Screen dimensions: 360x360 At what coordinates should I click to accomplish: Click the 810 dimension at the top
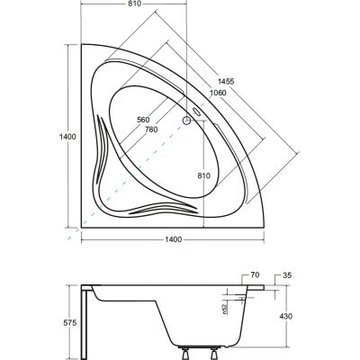click(x=135, y=4)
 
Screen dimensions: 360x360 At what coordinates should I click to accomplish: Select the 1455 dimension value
click(x=226, y=81)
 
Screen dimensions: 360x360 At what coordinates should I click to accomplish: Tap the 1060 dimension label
click(x=218, y=93)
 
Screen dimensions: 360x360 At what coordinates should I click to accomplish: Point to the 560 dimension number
click(x=143, y=120)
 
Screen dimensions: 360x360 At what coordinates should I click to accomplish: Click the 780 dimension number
click(x=151, y=130)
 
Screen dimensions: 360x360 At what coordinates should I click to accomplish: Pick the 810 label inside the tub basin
click(x=203, y=175)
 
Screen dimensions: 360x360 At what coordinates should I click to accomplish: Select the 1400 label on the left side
click(x=67, y=137)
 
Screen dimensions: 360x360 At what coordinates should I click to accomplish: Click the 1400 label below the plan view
click(x=174, y=239)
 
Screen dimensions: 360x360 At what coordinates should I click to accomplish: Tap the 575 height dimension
click(x=70, y=323)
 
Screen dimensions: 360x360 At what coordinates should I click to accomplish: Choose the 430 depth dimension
click(x=286, y=316)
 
